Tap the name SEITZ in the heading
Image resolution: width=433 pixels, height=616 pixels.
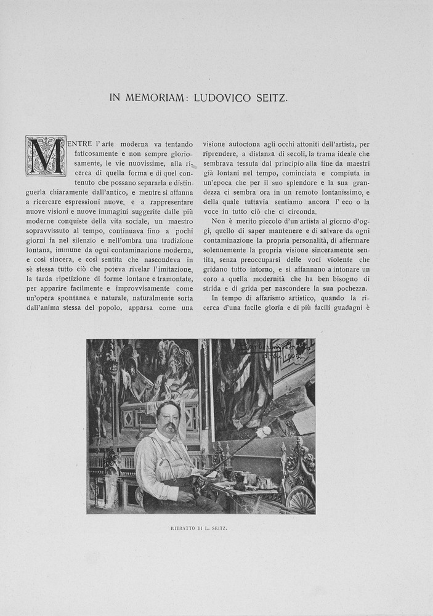tap(271, 97)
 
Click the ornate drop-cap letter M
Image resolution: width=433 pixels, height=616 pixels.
tap(46, 156)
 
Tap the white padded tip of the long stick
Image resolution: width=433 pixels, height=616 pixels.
tap(262, 432)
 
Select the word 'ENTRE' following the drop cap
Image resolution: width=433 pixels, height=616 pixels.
tap(80, 144)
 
